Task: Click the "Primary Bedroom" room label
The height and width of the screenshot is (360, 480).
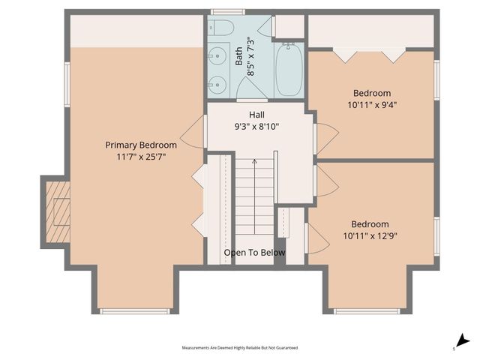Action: (x=141, y=145)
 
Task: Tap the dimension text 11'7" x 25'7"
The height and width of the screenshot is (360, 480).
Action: (x=141, y=157)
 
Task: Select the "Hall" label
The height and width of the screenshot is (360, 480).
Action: (x=256, y=115)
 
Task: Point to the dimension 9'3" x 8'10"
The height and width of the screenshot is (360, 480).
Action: (x=256, y=127)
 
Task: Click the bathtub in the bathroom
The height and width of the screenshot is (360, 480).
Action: (x=289, y=70)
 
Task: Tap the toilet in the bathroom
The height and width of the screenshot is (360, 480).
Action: (x=222, y=28)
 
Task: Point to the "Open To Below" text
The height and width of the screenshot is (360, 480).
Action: (x=254, y=253)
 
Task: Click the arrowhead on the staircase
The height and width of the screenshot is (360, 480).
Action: (x=254, y=161)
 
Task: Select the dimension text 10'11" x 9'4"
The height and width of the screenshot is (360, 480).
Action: (x=371, y=105)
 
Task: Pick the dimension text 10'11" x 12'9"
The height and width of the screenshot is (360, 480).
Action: (x=370, y=235)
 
